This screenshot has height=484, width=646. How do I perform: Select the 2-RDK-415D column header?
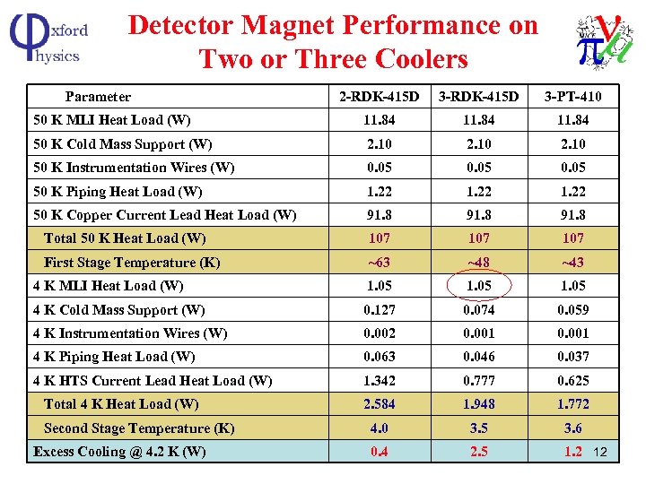[379, 97]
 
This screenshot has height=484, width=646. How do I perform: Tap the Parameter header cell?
[98, 97]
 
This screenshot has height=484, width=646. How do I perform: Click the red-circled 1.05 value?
[478, 286]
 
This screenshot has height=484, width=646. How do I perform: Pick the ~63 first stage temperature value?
[379, 263]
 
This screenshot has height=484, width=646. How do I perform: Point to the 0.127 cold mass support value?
[379, 310]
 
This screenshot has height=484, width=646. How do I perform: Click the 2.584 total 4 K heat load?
[379, 404]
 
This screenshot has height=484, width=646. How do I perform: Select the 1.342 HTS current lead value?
[379, 381]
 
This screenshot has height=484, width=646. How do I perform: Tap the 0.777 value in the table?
[478, 381]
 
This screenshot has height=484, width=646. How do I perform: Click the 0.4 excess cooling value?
[379, 452]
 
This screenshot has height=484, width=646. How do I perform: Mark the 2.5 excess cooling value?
[478, 452]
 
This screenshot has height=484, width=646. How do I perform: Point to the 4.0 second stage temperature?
[379, 428]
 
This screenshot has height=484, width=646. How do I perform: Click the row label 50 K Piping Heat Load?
[118, 192]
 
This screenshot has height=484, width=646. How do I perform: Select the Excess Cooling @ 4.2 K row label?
[118, 452]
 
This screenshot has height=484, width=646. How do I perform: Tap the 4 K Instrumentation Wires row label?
[129, 333]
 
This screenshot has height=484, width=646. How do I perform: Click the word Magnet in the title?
[306, 25]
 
